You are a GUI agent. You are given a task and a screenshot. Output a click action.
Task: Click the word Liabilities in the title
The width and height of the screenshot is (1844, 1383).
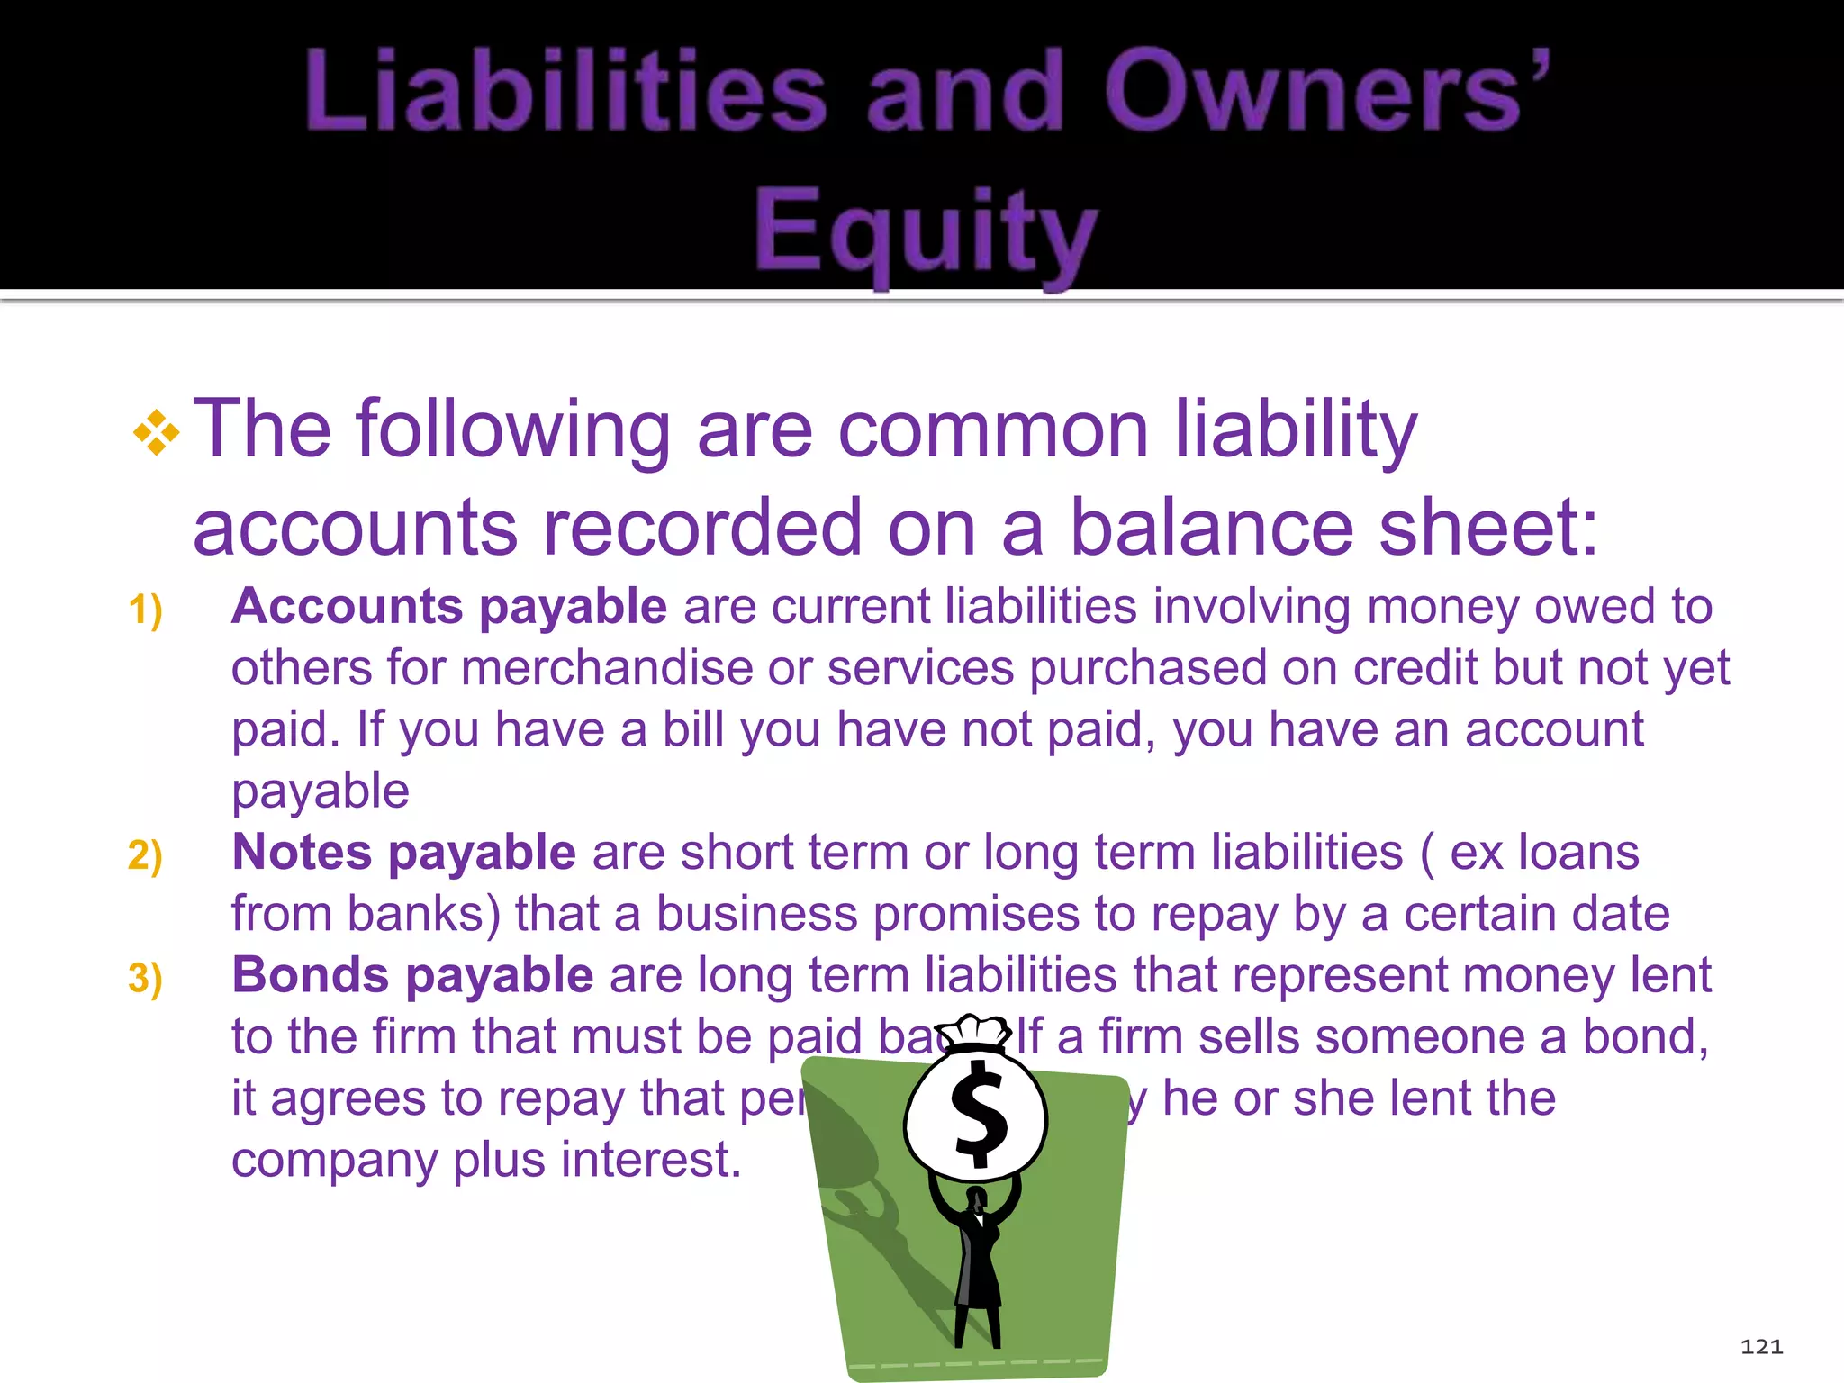coord(565,91)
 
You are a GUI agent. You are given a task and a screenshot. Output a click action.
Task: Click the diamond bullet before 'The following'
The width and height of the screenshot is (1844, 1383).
coord(156,433)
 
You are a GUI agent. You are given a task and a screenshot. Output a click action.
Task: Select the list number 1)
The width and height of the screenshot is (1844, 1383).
coord(145,610)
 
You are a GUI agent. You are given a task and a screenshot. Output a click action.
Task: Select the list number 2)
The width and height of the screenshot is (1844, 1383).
coord(145,854)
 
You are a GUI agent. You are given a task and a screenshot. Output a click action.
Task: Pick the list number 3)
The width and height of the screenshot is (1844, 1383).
coord(145,978)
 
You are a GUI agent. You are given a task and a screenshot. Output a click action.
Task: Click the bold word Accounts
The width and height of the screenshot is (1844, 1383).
coord(347,606)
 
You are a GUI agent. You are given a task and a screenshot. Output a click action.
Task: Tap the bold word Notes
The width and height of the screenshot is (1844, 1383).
coord(302,852)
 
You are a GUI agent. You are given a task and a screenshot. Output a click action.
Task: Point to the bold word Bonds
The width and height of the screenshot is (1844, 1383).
coord(310,975)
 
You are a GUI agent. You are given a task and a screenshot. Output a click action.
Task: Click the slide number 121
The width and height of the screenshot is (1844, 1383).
coord(1761,1347)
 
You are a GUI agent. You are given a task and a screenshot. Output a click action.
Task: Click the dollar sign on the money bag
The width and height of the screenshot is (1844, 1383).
coord(979,1114)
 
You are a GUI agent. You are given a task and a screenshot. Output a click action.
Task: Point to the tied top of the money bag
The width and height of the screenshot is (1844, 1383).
coord(972,1033)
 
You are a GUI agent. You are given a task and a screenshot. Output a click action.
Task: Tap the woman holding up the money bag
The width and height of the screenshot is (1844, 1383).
coord(978,1261)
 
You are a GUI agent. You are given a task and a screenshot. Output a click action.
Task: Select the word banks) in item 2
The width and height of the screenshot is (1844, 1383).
coord(423,914)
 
